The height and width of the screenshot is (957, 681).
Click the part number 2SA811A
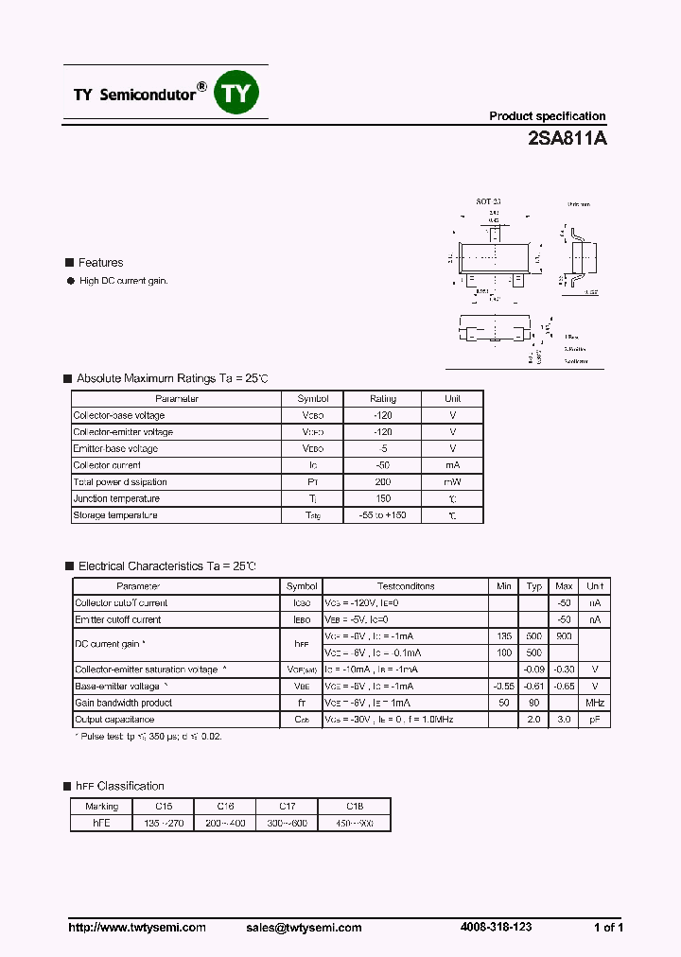(x=567, y=138)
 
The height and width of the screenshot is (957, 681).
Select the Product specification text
(x=547, y=116)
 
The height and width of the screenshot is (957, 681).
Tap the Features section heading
(x=100, y=263)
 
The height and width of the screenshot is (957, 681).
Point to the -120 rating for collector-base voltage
(x=382, y=415)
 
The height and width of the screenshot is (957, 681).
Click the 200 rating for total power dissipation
(x=382, y=481)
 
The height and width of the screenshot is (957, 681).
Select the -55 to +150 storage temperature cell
(x=382, y=515)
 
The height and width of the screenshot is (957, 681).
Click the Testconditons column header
(x=406, y=586)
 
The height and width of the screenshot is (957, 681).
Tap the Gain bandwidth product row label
(x=124, y=703)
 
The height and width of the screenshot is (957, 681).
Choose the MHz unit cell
(x=594, y=703)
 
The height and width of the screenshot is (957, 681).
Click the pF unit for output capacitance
(x=594, y=720)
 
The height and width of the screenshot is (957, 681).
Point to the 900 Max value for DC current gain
(x=564, y=636)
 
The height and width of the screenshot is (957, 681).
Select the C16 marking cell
(x=225, y=807)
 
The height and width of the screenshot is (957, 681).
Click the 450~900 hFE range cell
(x=354, y=824)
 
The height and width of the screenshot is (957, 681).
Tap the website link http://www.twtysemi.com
(x=137, y=928)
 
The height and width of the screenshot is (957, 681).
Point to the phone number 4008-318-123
(x=496, y=927)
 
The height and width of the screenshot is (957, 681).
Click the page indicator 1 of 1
(x=608, y=928)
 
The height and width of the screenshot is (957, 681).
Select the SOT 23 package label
(x=488, y=202)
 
